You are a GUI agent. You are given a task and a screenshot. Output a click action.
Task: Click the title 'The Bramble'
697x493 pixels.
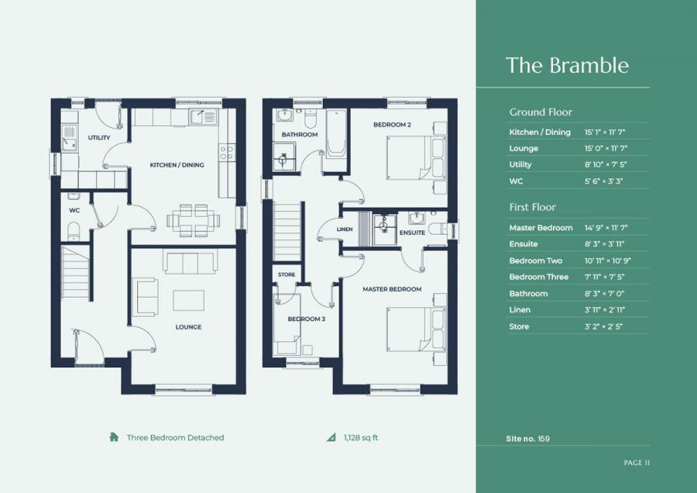567,65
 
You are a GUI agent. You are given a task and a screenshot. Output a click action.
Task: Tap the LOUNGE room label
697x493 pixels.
188,327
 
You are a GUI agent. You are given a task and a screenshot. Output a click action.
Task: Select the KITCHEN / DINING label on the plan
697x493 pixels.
177,165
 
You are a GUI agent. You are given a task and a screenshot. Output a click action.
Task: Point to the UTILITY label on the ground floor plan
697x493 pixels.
99,138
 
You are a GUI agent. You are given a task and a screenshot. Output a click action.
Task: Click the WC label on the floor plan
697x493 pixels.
75,210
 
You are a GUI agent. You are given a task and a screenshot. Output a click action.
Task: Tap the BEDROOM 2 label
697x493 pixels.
391,125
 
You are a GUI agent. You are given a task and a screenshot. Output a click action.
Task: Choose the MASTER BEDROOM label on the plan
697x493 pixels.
393,289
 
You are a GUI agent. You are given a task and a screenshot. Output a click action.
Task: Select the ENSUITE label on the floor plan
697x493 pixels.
412,233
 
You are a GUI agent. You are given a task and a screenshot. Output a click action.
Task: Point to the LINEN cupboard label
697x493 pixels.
345,229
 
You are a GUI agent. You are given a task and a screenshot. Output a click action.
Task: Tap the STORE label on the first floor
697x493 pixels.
287,274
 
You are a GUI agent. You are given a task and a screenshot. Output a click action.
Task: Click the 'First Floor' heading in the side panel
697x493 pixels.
533,207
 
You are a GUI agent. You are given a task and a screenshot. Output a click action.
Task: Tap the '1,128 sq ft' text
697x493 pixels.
361,438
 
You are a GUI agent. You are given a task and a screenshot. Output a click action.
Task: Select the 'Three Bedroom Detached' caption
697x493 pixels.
175,438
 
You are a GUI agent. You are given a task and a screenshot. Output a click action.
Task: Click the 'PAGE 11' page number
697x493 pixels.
636,463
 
